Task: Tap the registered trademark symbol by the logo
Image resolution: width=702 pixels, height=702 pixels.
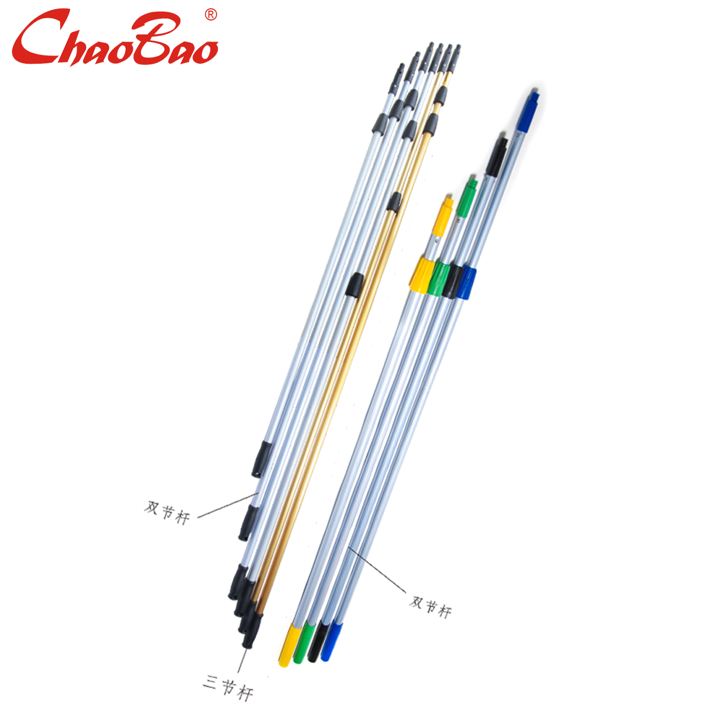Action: [x=211, y=15]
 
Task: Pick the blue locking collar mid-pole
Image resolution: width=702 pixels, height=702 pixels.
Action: [x=467, y=283]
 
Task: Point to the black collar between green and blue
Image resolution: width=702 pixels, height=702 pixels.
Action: [x=453, y=280]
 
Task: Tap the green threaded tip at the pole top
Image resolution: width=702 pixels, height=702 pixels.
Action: [x=466, y=198]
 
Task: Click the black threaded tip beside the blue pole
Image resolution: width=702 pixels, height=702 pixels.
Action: [x=497, y=157]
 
